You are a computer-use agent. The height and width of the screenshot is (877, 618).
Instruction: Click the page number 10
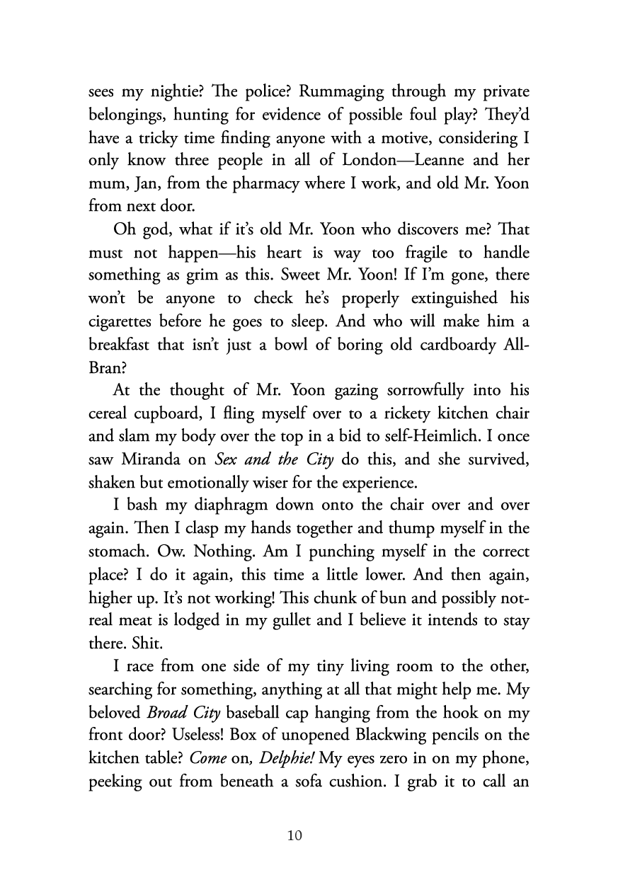tap(295, 835)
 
